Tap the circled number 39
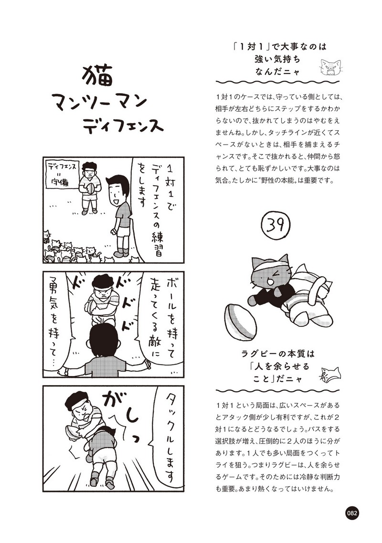pyautogui.click(x=276, y=225)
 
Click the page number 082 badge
pyautogui.click(x=351, y=513)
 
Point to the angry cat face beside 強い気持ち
pyautogui.click(x=330, y=68)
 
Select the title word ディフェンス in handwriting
pyautogui.click(x=123, y=125)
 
